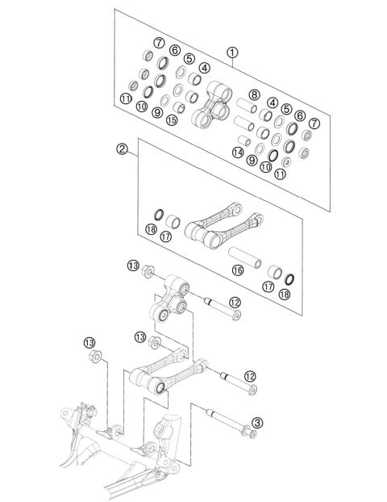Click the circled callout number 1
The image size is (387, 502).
click(232, 52)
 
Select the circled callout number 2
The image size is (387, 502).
click(122, 149)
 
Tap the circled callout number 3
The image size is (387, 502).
click(257, 422)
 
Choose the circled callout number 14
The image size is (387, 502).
click(238, 152)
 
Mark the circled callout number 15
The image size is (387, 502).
click(171, 120)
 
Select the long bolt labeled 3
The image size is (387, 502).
click(230, 423)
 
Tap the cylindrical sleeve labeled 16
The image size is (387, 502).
click(241, 257)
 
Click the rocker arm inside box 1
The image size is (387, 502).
click(210, 105)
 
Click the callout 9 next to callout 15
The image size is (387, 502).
click(156, 113)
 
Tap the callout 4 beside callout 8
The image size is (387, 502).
click(273, 102)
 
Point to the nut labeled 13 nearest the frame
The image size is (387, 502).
click(95, 356)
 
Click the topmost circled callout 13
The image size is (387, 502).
click(132, 266)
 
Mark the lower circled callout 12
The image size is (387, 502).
click(251, 376)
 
